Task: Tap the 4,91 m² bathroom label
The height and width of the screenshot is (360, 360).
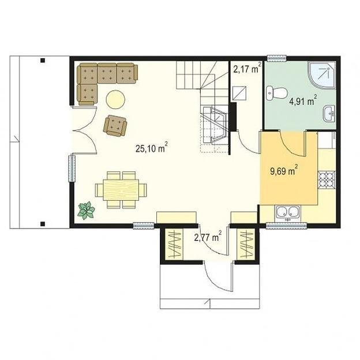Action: pyautogui.click(x=303, y=100)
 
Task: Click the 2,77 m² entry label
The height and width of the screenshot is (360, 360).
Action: pyautogui.click(x=208, y=237)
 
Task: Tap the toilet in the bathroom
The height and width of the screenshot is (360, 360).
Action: pyautogui.click(x=277, y=93)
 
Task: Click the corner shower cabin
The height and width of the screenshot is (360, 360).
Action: pyautogui.click(x=322, y=76)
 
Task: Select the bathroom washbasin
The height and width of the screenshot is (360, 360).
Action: pyautogui.click(x=329, y=114)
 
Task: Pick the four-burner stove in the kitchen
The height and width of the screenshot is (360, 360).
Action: pyautogui.click(x=327, y=180)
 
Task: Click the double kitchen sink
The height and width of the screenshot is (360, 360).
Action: pyautogui.click(x=288, y=213)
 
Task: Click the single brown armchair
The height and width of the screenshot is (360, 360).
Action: pyautogui.click(x=115, y=126)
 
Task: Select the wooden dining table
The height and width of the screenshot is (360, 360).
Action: pyautogui.click(x=121, y=190)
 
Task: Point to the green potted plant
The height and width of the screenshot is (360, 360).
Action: pyautogui.click(x=86, y=210)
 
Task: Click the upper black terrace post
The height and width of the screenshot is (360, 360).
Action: pyautogui.click(x=43, y=61)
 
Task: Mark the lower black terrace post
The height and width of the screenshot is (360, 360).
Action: pyautogui.click(x=43, y=223)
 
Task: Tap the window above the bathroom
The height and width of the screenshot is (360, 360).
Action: pyautogui.click(x=277, y=58)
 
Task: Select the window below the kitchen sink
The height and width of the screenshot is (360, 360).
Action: pyautogui.click(x=286, y=226)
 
